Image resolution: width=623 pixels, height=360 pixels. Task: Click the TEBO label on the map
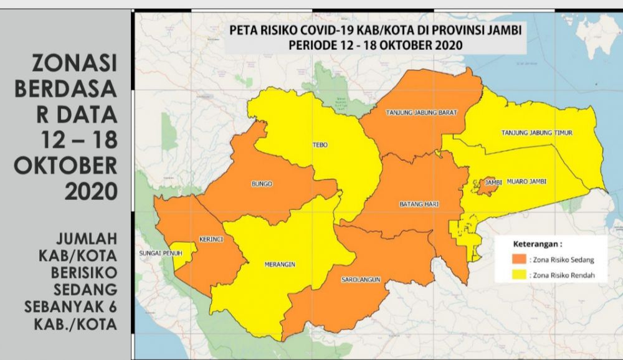pyautogui.click(x=320, y=145)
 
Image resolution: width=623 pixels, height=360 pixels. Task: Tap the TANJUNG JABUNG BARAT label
pyautogui.click(x=422, y=113)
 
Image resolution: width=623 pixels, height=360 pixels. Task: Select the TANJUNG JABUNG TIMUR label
pyautogui.click(x=536, y=133)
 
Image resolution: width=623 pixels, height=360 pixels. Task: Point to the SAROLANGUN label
pyautogui.click(x=361, y=281)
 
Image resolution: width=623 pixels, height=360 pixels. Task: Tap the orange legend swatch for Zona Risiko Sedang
pyautogui.click(x=519, y=258)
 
